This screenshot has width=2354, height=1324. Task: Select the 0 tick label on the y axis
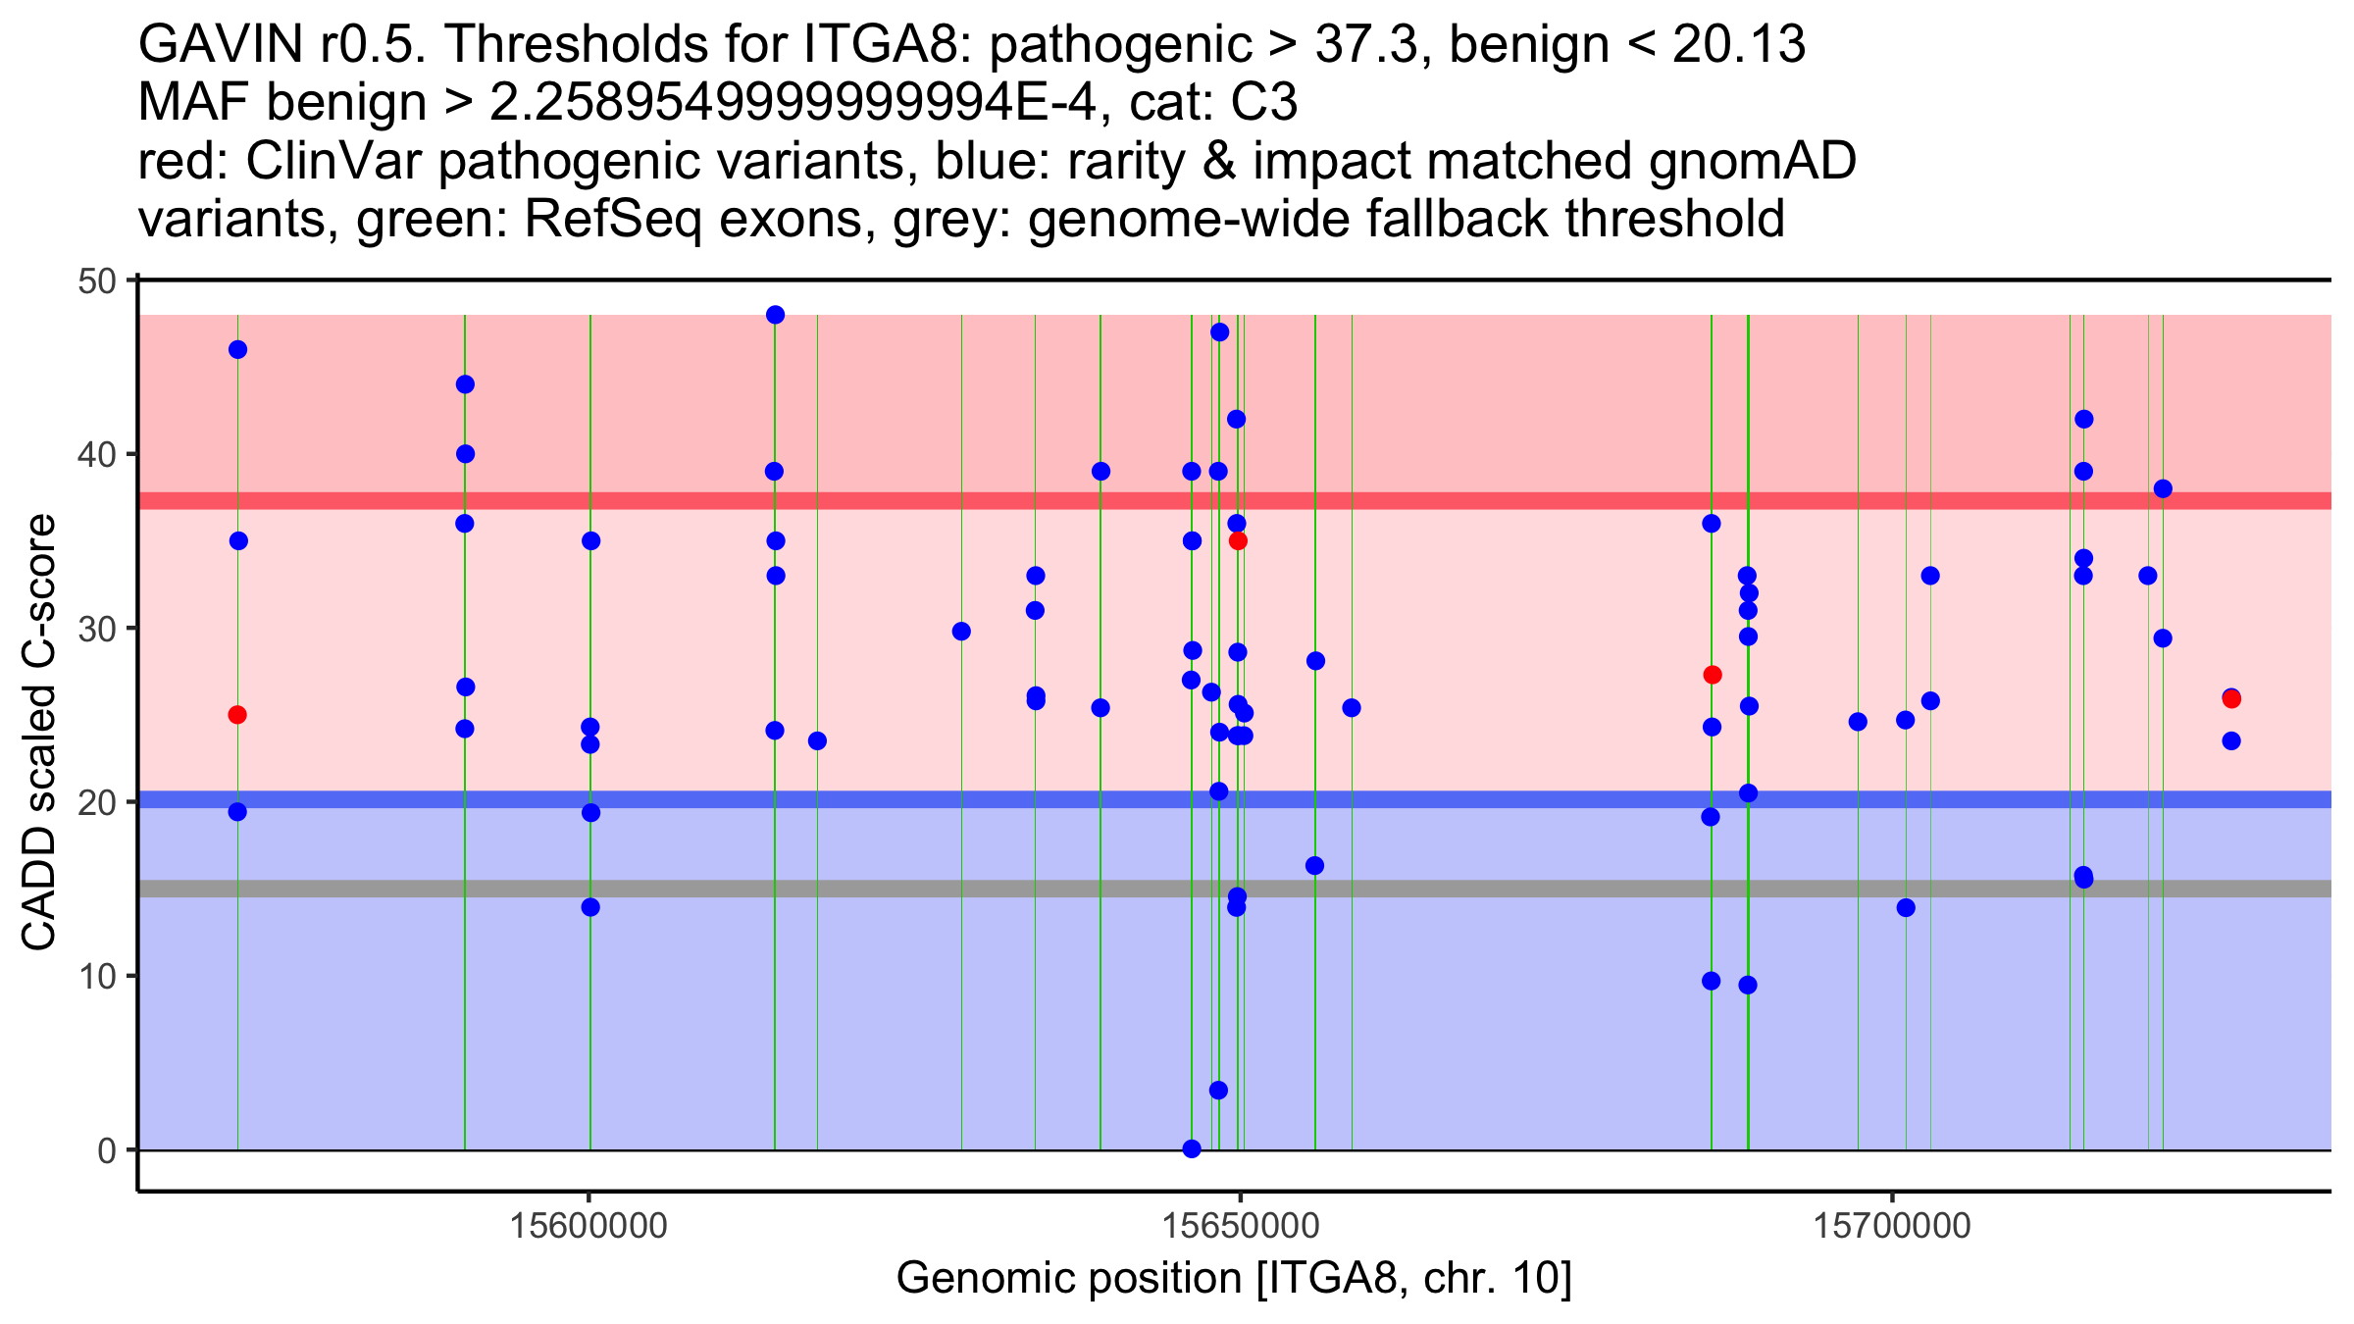pyautogui.click(x=106, y=1149)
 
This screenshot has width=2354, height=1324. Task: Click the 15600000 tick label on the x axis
pyautogui.click(x=588, y=1226)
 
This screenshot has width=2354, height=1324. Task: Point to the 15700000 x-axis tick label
pyautogui.click(x=1891, y=1226)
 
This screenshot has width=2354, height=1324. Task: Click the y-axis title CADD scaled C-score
pyautogui.click(x=39, y=734)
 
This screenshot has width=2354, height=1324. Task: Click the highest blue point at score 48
pyautogui.click(x=775, y=315)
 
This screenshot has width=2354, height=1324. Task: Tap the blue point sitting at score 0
pyautogui.click(x=1192, y=1148)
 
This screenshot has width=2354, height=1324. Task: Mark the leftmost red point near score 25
pyautogui.click(x=237, y=715)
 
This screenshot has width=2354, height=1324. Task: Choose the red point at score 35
pyautogui.click(x=1238, y=541)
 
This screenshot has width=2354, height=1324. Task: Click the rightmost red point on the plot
pyautogui.click(x=2231, y=699)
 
